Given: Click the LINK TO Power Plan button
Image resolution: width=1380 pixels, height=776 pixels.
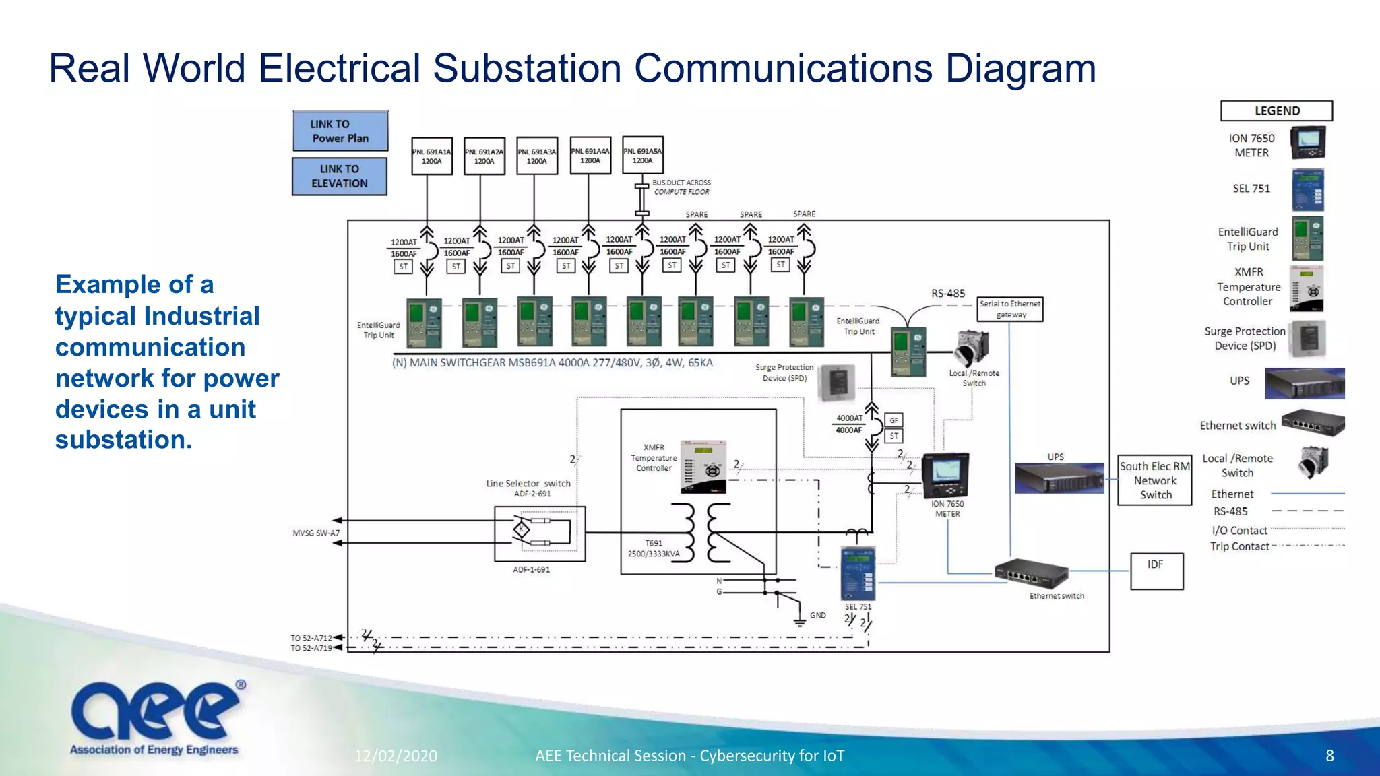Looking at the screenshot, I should pos(340,131).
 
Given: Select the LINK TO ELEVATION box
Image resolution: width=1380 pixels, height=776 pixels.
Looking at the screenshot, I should pos(340,176).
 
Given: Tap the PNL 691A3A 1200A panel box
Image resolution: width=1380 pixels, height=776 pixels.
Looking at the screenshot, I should pos(537,156).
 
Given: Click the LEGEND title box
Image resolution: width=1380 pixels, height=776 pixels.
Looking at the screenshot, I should pos(1276,111).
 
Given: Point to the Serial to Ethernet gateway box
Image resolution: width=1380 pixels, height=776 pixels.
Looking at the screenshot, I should pos(1010,309).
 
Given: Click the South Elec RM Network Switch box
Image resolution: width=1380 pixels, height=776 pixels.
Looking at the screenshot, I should pos(1155,480).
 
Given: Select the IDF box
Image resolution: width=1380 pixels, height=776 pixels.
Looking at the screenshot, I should pos(1156,571).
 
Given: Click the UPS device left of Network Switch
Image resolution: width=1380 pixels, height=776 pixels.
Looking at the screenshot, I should pos(1058,478).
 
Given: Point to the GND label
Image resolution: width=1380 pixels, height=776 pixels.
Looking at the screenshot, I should pos(817,615).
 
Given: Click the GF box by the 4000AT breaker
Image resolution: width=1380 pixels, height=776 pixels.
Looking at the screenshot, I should pos(893,420).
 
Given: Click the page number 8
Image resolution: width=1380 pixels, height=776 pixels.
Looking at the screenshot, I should pos(1329,756).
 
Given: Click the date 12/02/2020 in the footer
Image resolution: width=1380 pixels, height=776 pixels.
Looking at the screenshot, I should pos(396,756).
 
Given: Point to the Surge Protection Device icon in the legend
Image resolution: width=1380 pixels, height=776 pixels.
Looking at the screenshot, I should pos(1307,339).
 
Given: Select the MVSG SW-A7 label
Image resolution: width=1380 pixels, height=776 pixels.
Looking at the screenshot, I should pos(316,533).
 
